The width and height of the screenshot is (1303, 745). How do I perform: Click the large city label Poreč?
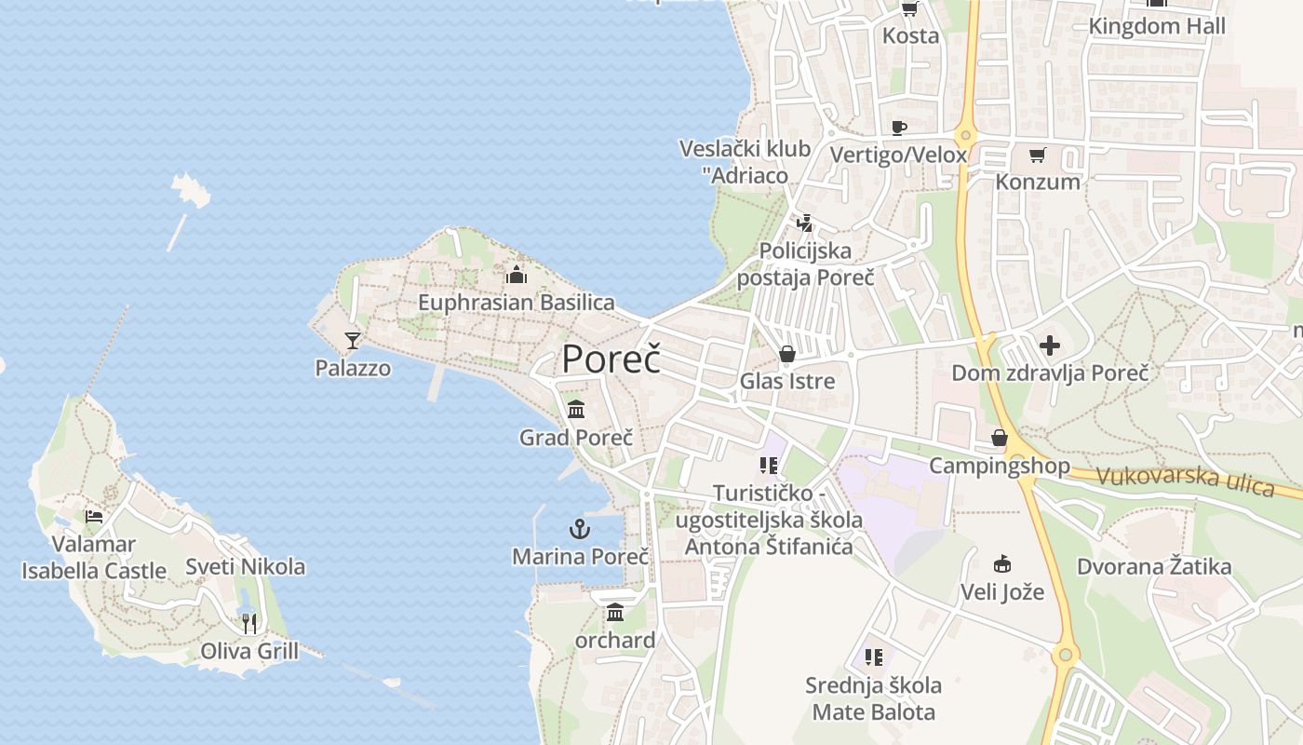pos(611,359)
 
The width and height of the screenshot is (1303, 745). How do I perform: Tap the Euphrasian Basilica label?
pos(516,303)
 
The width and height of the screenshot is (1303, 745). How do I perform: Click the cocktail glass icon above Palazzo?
pos(353,340)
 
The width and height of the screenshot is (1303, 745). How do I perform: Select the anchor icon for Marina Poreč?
pos(580,530)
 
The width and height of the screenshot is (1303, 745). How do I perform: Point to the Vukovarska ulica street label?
pos(1185,481)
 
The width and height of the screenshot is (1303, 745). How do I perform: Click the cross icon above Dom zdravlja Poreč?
pos(1050,346)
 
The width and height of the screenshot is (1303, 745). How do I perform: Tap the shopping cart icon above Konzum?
pos(1037,156)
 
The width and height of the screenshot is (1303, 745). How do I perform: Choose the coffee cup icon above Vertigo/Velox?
pos(898,128)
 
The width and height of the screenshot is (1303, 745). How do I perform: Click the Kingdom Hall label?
pos(1157,26)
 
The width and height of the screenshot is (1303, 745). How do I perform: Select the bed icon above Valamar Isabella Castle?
pos(94,516)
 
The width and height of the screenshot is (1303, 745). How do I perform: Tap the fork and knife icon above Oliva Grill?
pos(249,623)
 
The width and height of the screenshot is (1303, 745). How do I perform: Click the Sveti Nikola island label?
pos(245,566)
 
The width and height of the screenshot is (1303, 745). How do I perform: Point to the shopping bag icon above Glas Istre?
pos(787,354)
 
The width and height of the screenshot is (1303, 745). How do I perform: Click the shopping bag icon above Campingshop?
pos(1000,438)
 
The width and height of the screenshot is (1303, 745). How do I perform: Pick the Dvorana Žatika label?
pos(1154,566)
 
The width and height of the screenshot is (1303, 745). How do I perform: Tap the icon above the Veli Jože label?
pos(1002,564)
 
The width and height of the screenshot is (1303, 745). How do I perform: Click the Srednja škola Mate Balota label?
pos(874,698)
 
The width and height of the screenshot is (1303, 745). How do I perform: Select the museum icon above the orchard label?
pos(615,613)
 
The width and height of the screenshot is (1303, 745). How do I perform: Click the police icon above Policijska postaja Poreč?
pos(805,223)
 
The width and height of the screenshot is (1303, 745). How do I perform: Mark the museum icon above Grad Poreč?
pos(576,409)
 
